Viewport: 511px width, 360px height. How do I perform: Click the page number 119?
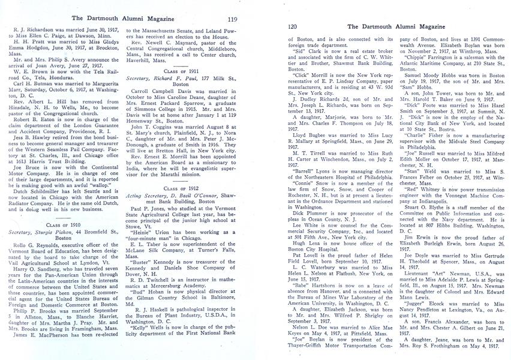[x=233, y=19]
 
